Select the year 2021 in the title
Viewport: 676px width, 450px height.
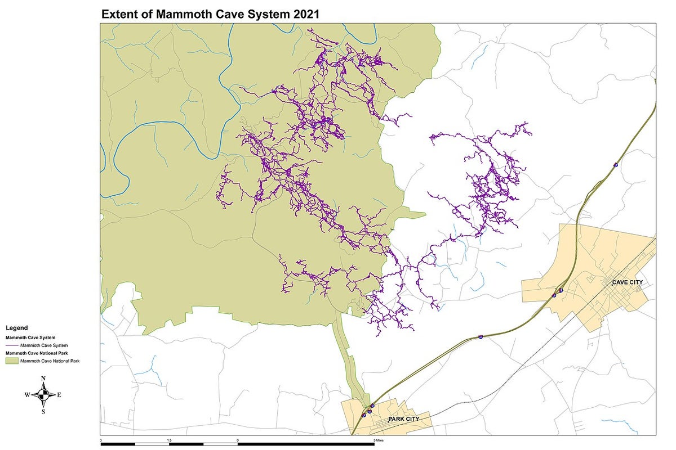pyautogui.click(x=305, y=15)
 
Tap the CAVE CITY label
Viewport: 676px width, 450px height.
pyautogui.click(x=628, y=282)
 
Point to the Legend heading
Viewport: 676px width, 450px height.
pyautogui.click(x=16, y=327)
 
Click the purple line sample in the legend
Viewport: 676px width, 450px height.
pyautogui.click(x=12, y=345)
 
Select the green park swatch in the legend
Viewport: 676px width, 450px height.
pyautogui.click(x=12, y=361)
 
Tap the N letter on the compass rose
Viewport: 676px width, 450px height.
pyautogui.click(x=43, y=379)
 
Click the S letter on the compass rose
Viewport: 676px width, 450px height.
pyautogui.click(x=43, y=411)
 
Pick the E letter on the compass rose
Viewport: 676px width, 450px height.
pyautogui.click(x=59, y=395)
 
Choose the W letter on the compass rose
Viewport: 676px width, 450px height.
pyautogui.click(x=26, y=395)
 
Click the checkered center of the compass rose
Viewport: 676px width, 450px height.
pyautogui.click(x=43, y=395)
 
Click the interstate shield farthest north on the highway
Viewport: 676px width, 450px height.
pyautogui.click(x=616, y=165)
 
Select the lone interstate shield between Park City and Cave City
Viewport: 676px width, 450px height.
pyautogui.click(x=481, y=336)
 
